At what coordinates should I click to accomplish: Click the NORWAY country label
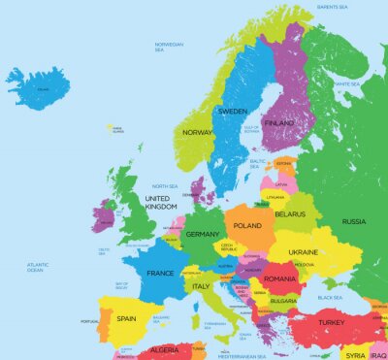tap(198, 132)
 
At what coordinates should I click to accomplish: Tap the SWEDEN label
tap(233, 112)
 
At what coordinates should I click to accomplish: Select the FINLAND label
tap(279, 124)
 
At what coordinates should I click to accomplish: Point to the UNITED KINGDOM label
tap(161, 202)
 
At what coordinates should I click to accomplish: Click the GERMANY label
tap(203, 234)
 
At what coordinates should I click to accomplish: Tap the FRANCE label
tap(159, 274)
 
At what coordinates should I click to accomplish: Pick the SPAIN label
tap(126, 318)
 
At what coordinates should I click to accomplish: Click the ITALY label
tap(201, 286)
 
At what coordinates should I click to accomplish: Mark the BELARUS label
tap(290, 213)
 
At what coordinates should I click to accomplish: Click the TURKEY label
tap(332, 322)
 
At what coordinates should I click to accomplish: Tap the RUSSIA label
tap(353, 221)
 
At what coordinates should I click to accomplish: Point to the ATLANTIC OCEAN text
tap(39, 267)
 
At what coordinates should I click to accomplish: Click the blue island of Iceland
tap(39, 88)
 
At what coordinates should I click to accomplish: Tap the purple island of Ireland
tap(104, 214)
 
